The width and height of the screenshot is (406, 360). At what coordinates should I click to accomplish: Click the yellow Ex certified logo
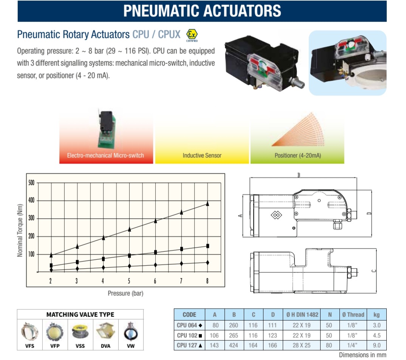click(192, 34)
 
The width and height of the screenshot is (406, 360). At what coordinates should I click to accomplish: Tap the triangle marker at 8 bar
click(208, 203)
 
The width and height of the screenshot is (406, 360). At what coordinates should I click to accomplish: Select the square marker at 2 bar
click(51, 265)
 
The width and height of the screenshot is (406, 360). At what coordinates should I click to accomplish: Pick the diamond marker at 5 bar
click(129, 266)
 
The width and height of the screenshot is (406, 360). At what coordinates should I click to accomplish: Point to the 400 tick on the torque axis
click(31, 200)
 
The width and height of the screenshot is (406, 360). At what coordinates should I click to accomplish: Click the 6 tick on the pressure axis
click(155, 281)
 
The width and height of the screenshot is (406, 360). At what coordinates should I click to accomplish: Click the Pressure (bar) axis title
click(126, 293)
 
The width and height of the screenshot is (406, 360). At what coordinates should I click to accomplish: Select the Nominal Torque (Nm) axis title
click(20, 231)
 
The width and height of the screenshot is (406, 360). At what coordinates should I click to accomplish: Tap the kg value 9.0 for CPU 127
click(377, 345)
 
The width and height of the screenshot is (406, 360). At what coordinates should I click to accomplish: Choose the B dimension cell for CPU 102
click(234, 335)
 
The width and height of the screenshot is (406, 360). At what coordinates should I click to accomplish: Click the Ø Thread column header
click(353, 315)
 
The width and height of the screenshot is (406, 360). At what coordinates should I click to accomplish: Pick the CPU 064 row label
click(189, 325)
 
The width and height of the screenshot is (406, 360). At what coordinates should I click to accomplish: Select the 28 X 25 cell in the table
click(302, 345)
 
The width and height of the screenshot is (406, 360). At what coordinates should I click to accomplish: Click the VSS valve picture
click(80, 331)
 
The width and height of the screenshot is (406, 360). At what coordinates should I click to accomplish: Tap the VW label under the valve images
click(131, 346)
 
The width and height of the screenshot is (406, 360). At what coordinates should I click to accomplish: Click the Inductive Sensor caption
click(202, 155)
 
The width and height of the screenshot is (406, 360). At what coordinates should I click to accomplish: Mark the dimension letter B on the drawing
click(299, 175)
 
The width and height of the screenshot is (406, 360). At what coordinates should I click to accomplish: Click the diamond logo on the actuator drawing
click(276, 215)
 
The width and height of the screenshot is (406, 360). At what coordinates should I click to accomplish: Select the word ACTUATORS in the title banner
click(242, 11)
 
